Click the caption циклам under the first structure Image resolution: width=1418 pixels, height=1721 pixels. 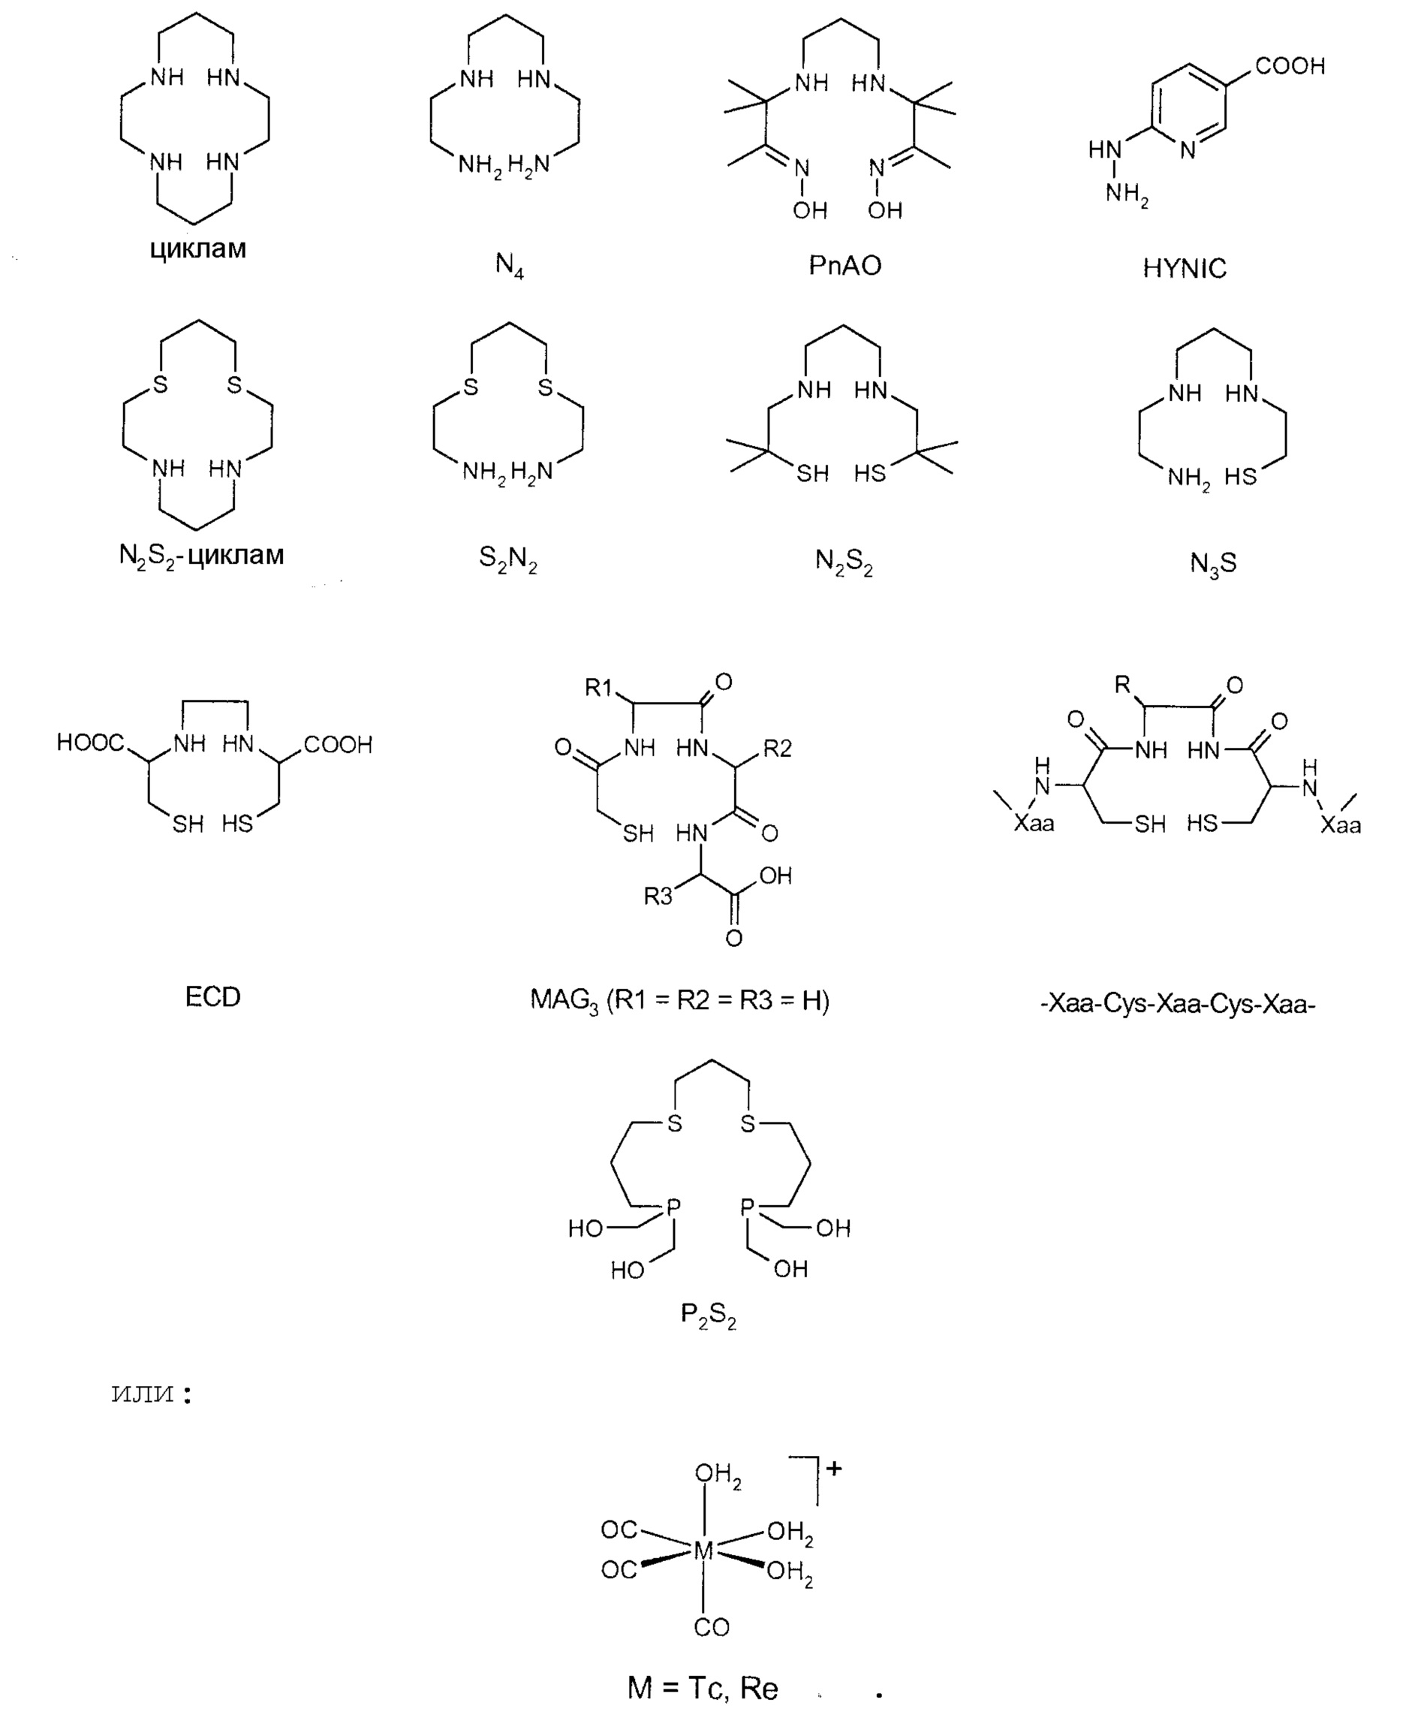pos(197,249)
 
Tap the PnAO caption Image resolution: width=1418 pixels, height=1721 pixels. pos(844,266)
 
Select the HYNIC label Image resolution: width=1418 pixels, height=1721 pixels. pos(1184,268)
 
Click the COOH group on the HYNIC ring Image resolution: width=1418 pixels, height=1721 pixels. pos(1290,66)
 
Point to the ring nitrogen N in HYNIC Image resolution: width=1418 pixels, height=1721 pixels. pos(1188,149)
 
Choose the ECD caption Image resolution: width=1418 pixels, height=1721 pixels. pos(212,997)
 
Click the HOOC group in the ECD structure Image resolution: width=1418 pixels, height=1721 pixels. pos(90,742)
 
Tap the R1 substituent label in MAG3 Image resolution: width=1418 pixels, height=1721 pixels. pos(599,688)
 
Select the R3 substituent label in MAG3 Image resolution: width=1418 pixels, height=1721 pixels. pos(658,897)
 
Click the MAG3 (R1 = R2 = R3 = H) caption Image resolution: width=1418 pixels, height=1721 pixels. pos(679,1000)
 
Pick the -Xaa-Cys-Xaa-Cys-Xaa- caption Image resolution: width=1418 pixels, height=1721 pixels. pos(1178,1003)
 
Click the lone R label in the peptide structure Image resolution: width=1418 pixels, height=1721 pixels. pos(1123,685)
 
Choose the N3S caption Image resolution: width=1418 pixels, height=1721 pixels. pos(1213,563)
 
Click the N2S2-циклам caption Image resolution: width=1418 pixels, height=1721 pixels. pos(202,556)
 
